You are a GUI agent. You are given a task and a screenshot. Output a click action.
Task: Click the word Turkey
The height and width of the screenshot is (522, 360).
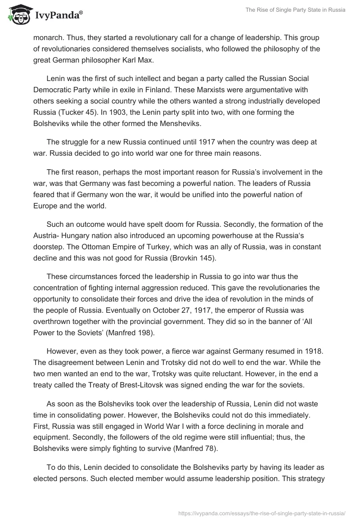[146, 247]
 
